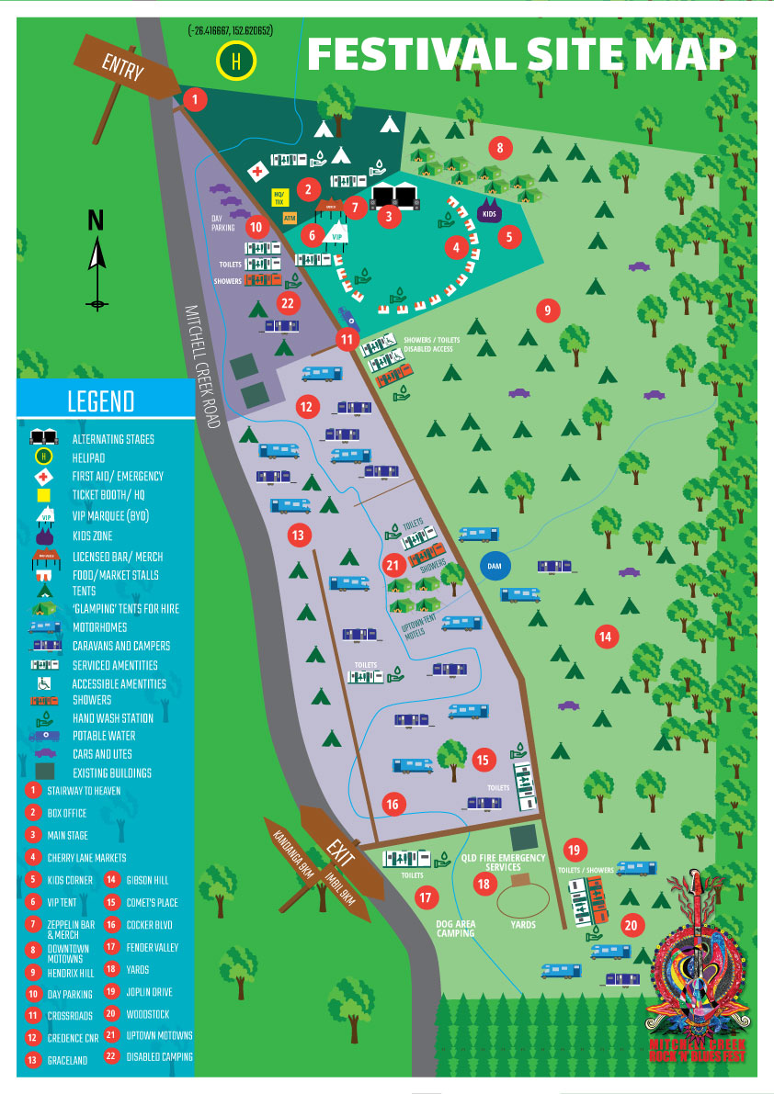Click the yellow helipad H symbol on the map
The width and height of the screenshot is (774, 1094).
236,62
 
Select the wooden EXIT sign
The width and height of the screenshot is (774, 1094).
340,852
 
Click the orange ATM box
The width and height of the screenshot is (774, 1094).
290,218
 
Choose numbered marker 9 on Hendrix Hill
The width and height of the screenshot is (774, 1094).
547,310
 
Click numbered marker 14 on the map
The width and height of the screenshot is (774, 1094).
604,635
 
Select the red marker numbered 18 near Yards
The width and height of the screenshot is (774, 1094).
484,884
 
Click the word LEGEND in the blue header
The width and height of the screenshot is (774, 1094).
100,401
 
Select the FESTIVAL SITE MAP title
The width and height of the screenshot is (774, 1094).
521,54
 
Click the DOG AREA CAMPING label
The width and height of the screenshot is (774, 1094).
456,928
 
